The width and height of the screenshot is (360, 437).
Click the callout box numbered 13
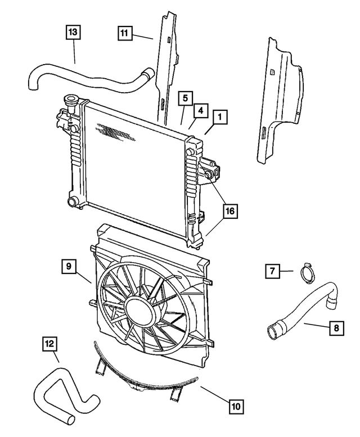73,33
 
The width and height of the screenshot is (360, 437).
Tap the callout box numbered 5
185,98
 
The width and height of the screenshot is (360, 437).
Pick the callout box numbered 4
201,109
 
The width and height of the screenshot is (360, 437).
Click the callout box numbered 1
220,117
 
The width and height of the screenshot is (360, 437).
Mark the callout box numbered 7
272,272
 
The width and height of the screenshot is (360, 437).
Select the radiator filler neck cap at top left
71,102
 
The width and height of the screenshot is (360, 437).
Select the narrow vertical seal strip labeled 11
166,67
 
